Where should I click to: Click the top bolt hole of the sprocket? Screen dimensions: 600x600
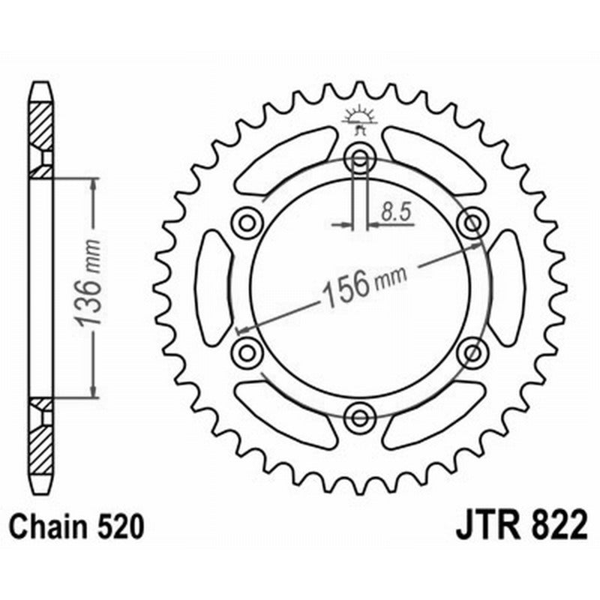point(360,159)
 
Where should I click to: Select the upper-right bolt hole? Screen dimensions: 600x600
point(472,222)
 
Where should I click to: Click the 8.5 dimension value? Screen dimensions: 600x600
point(396,213)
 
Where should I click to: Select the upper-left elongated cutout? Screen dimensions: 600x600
point(285,162)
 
